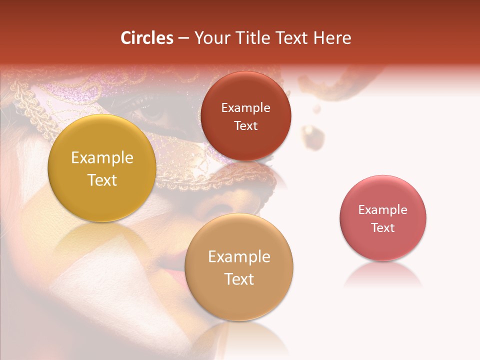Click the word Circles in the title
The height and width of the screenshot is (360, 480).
click(x=147, y=38)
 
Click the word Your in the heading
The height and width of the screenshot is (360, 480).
click(x=210, y=38)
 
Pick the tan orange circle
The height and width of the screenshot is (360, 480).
click(x=239, y=300)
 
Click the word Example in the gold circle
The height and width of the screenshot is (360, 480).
click(x=102, y=158)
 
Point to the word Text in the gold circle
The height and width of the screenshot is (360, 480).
click(x=102, y=180)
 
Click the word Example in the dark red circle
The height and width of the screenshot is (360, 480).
click(x=245, y=108)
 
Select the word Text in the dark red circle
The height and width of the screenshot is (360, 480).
click(x=245, y=126)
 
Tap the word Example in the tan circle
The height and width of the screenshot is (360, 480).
click(x=239, y=257)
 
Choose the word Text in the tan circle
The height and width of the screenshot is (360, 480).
click(x=239, y=279)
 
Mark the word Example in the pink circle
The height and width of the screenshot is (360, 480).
click(x=383, y=210)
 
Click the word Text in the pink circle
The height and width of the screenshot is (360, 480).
click(x=383, y=228)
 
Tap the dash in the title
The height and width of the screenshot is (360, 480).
click(x=183, y=38)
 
